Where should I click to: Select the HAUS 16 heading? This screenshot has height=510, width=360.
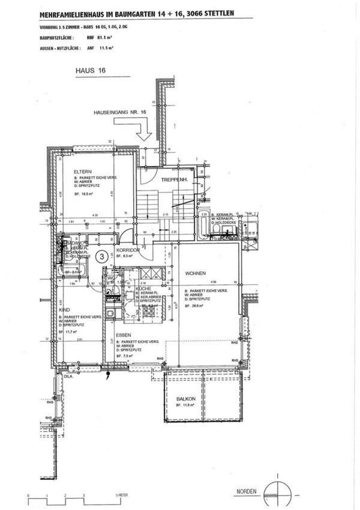point(90,70)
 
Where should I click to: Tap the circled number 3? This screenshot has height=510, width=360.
point(102,256)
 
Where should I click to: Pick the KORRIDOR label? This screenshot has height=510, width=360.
point(128,250)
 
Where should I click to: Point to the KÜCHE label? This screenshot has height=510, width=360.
point(143,289)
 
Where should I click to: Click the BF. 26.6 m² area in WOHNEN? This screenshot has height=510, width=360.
point(195,305)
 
